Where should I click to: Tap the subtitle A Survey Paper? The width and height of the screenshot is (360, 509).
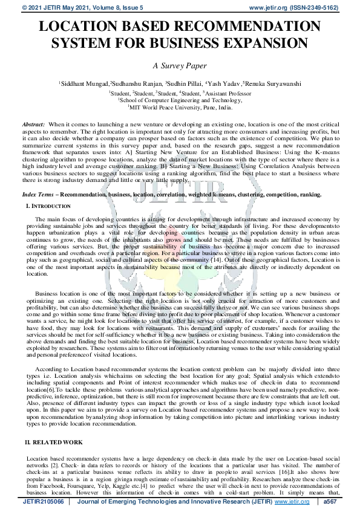[180, 65]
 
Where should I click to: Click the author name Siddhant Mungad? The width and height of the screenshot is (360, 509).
[85, 83]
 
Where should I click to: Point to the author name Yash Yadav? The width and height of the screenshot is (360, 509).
[221, 83]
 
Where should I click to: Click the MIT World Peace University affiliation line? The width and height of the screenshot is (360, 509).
[180, 107]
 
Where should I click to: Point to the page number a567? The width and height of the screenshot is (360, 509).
[330, 502]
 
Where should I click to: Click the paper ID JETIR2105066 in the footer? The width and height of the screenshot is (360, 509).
[42, 502]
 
